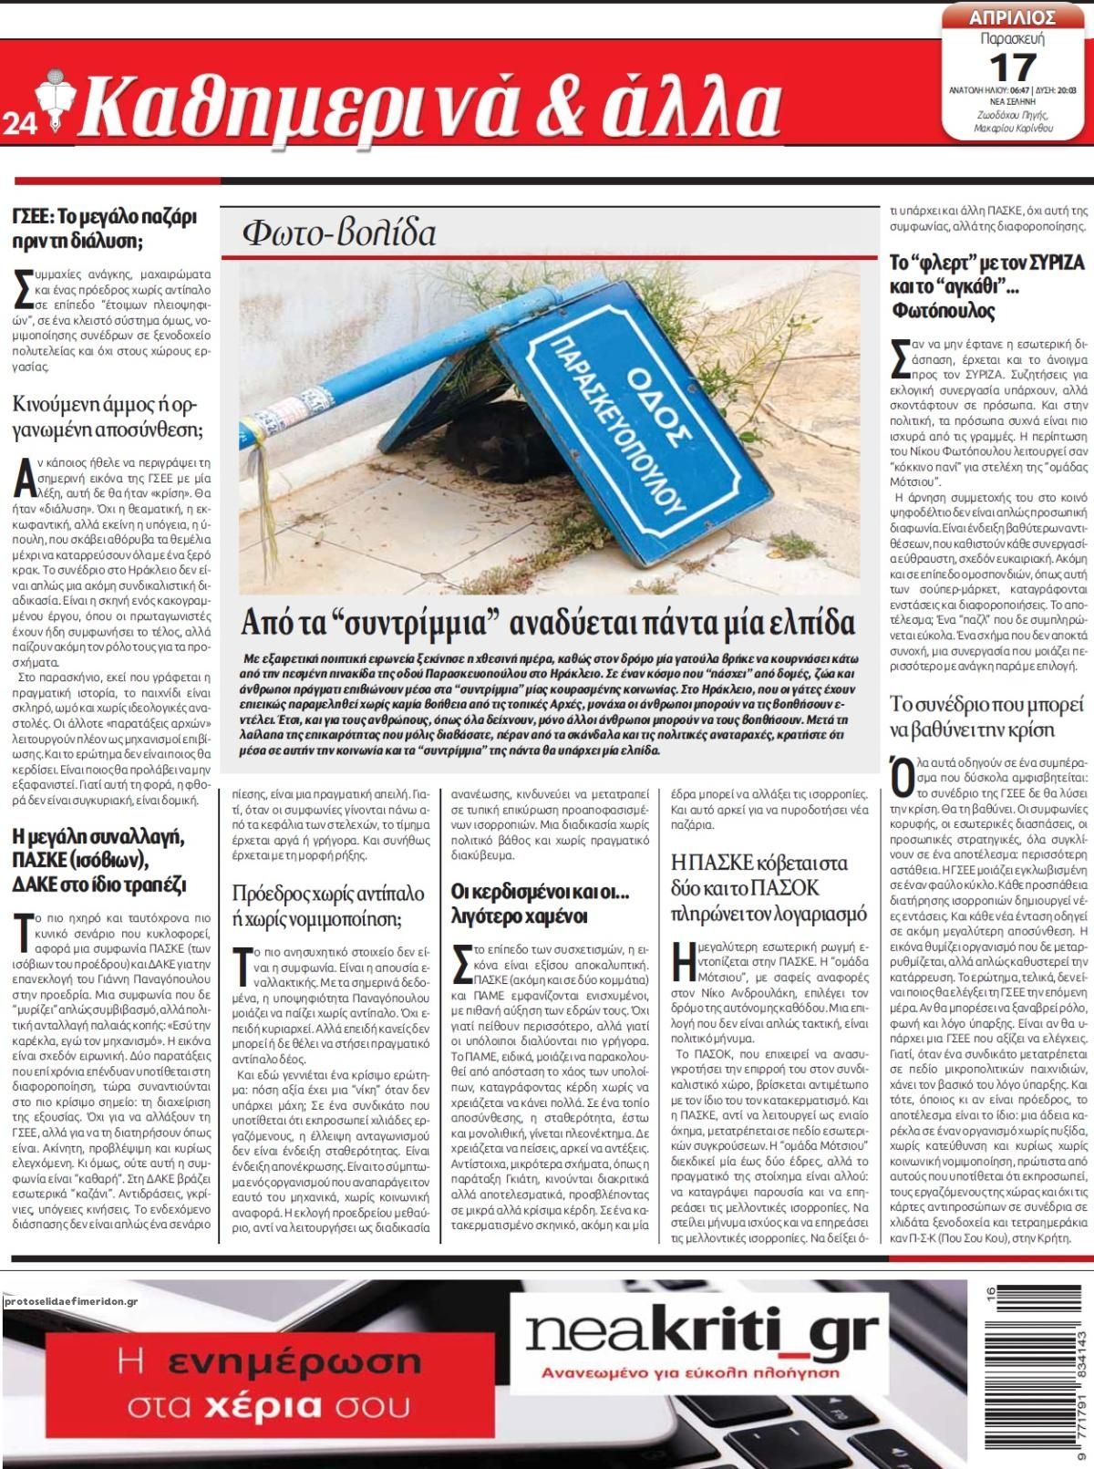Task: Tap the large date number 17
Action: pyautogui.click(x=1012, y=67)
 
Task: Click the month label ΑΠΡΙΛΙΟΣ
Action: pyautogui.click(x=1013, y=17)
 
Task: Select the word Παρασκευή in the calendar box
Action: pyautogui.click(x=1012, y=39)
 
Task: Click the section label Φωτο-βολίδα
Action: pyautogui.click(x=339, y=234)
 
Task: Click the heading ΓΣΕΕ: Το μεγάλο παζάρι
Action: pyautogui.click(x=105, y=229)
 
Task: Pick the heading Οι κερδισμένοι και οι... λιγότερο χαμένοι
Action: pyautogui.click(x=541, y=903)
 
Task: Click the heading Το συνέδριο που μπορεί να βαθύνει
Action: pyautogui.click(x=986, y=717)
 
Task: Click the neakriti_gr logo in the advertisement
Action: pyautogui.click(x=703, y=1334)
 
